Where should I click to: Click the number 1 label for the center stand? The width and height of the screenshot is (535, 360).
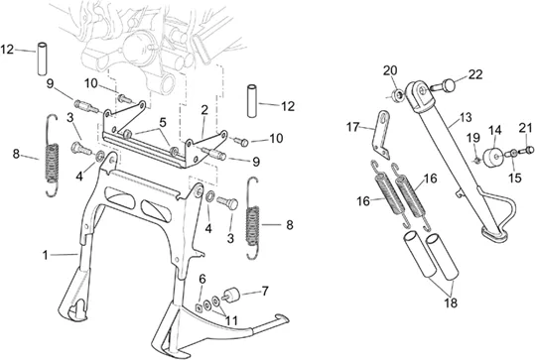click(x=45, y=255)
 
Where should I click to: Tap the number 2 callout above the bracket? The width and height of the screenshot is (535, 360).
click(x=204, y=110)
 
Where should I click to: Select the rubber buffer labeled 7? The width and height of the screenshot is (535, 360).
click(x=230, y=295)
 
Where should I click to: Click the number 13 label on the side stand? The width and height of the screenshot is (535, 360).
click(x=466, y=117)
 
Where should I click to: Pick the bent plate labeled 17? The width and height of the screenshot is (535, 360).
click(x=382, y=135)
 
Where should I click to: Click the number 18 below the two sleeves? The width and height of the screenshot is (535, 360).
click(x=451, y=302)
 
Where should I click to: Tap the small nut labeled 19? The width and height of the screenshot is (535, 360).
click(x=477, y=160)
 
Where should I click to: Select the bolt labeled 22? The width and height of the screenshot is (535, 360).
click(x=444, y=85)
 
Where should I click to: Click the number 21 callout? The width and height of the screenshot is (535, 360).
click(x=525, y=129)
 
